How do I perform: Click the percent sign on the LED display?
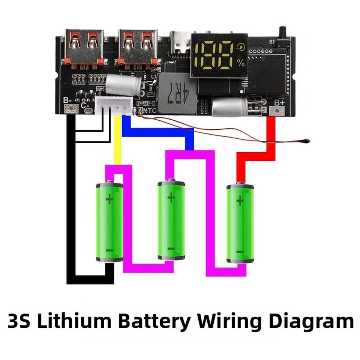[x=240, y=63]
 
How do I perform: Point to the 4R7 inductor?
[x=178, y=93]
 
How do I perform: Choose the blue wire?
[x=157, y=129]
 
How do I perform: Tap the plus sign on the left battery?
[x=109, y=199]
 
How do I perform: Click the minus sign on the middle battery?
[x=171, y=249]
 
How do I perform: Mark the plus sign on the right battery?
[x=240, y=201]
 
